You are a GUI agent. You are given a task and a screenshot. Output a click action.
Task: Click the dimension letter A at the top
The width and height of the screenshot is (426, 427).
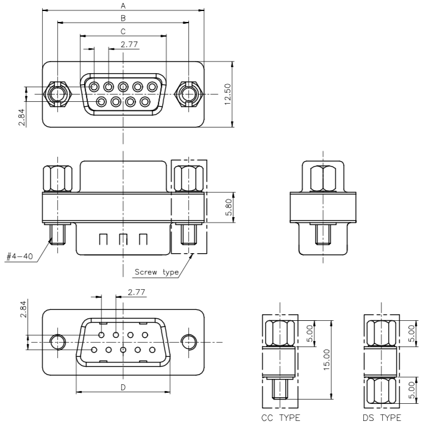123,5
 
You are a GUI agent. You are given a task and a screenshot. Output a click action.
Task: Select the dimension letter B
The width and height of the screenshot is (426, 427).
123,18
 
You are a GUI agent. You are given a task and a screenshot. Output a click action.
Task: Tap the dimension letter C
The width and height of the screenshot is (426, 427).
123,32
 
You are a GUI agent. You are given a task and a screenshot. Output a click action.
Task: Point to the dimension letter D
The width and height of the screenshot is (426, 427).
123,387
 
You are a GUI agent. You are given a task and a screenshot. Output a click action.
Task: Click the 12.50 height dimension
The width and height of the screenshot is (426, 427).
227,95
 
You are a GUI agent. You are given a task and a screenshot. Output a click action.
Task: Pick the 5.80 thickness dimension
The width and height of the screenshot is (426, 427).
229,207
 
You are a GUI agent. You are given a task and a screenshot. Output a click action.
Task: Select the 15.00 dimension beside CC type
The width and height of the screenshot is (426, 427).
327,359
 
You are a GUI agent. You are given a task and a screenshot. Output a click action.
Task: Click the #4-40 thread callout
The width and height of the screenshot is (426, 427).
20,256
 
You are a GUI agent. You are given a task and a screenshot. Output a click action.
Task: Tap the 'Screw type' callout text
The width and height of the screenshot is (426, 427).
157,272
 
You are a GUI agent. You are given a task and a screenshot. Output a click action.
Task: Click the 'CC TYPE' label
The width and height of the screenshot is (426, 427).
280,418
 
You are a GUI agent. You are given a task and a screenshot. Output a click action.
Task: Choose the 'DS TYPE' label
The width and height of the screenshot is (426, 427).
382,418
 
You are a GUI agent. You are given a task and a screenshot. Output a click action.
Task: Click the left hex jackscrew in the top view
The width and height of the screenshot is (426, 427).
57,94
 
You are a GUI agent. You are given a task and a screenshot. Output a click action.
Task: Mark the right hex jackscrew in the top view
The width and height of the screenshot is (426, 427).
188,94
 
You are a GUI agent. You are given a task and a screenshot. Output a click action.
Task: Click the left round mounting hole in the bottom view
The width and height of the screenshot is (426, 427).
58,342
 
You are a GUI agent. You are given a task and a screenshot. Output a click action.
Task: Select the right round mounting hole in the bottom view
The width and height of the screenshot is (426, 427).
189,342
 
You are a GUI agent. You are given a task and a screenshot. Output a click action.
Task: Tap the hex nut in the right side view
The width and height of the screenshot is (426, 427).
323,178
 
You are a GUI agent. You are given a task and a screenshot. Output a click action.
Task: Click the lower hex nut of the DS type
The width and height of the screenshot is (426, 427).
382,391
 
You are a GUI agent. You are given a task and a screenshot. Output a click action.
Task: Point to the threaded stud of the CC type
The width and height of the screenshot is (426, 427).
280,389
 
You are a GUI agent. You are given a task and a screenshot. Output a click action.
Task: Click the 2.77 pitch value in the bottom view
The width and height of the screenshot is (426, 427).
137,292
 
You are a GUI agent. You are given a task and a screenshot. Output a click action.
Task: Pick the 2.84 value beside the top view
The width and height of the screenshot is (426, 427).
21,117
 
